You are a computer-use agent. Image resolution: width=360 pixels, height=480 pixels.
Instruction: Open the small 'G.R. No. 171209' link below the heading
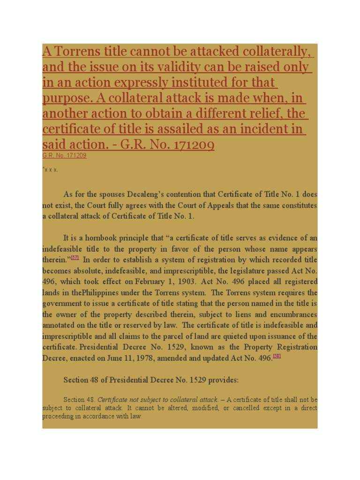[x=64, y=155]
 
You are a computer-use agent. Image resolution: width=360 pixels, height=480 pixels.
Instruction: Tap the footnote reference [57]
[x=75, y=258]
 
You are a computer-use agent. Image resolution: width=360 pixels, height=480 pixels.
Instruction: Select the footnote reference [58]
[x=277, y=356]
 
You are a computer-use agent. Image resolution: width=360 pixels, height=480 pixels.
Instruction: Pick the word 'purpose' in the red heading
[x=66, y=98]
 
